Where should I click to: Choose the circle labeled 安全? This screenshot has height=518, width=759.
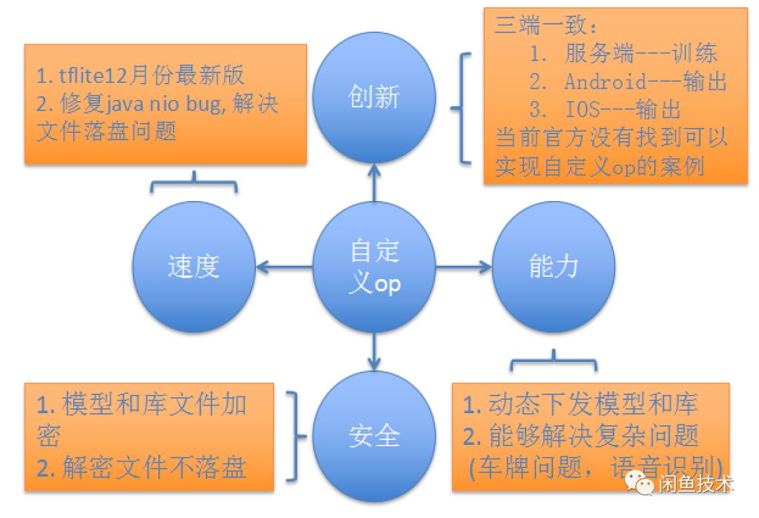pyautogui.click(x=374, y=436)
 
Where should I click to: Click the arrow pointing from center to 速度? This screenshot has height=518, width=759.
pyautogui.click(x=284, y=267)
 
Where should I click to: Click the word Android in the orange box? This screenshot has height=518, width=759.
pyautogui.click(x=604, y=82)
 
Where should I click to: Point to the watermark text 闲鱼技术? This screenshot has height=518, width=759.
pyautogui.click(x=696, y=484)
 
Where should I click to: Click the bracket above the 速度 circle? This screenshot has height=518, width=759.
pyautogui.click(x=193, y=184)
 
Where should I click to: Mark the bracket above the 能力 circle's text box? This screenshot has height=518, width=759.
pyautogui.click(x=554, y=363)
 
